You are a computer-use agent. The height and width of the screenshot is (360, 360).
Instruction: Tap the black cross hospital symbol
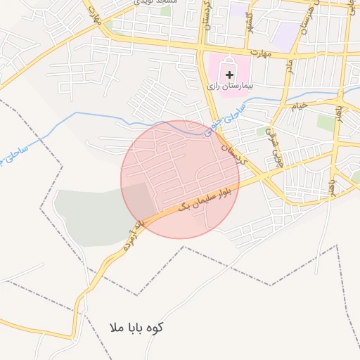[229, 74]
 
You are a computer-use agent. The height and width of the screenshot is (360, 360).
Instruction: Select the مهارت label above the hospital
[262, 52]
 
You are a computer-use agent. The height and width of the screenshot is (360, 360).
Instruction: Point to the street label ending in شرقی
[274, 139]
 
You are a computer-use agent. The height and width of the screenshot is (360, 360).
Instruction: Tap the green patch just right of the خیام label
[326, 122]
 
